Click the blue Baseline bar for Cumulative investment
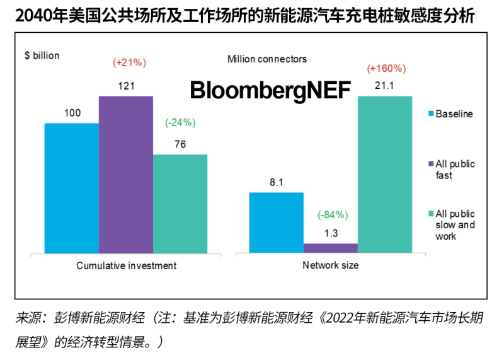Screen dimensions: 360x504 [71, 188]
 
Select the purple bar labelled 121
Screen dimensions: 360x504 [126, 175]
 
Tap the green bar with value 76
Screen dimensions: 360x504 [180, 204]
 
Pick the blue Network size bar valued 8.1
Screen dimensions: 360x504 [277, 223]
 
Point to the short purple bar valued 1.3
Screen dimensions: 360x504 [331, 248]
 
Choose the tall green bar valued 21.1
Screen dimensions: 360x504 [385, 175]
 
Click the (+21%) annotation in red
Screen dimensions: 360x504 [129, 62]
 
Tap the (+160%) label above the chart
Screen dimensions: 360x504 [386, 68]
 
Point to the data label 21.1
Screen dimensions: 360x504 [384, 85]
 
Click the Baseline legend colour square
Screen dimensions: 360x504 [430, 114]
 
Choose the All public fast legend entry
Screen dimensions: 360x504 [455, 169]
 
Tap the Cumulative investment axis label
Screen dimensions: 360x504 [126, 265]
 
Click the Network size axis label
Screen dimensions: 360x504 [330, 265]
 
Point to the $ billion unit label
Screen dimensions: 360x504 [42, 55]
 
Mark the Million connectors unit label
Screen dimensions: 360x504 [267, 59]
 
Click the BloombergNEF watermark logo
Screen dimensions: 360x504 [270, 90]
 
